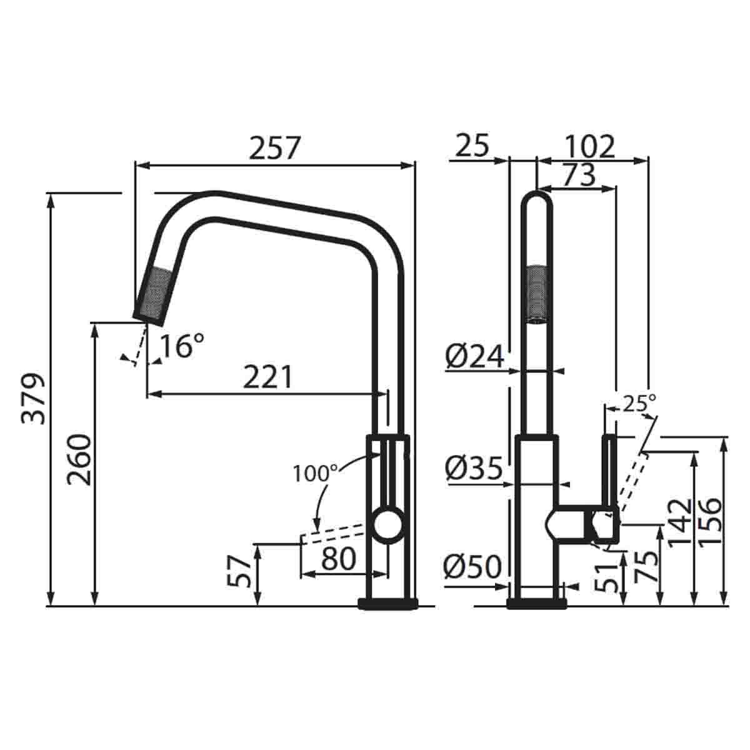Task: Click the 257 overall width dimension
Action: click(x=275, y=149)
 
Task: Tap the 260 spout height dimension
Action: click(x=80, y=459)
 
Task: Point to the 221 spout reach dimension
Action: click(x=267, y=377)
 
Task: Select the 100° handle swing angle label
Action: click(x=316, y=473)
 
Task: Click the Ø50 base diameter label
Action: click(x=473, y=567)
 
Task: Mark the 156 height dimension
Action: click(x=710, y=522)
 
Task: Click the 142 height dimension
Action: click(x=680, y=522)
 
